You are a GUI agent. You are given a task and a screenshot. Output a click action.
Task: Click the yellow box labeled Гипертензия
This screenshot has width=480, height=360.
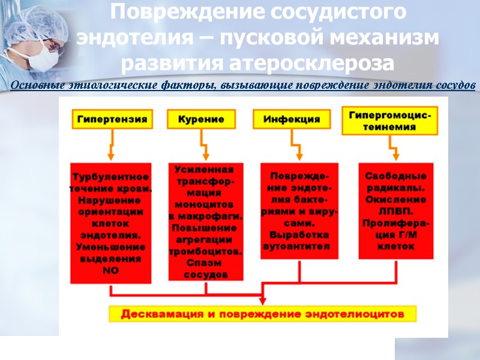111,119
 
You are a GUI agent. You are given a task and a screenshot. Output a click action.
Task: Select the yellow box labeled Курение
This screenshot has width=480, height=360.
201,119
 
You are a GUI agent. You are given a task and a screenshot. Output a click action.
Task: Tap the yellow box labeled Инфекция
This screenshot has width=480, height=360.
292,119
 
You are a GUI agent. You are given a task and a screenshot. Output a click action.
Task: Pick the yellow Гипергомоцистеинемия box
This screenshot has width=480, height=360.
389,120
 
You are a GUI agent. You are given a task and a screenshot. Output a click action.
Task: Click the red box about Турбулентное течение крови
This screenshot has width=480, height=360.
111,223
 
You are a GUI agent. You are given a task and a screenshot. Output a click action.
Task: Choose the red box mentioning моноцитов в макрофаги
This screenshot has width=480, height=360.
206,221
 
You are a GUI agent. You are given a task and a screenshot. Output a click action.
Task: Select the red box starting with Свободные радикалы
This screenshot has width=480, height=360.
396,211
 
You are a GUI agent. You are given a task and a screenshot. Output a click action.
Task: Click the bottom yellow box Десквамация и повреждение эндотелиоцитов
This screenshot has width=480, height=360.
263,314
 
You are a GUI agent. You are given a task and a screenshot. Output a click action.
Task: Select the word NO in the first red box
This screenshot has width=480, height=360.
111,271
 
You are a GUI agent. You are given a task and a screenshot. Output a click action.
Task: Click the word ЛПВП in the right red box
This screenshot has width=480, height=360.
395,211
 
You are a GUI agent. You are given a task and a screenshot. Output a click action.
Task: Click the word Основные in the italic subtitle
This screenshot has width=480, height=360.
36,85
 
